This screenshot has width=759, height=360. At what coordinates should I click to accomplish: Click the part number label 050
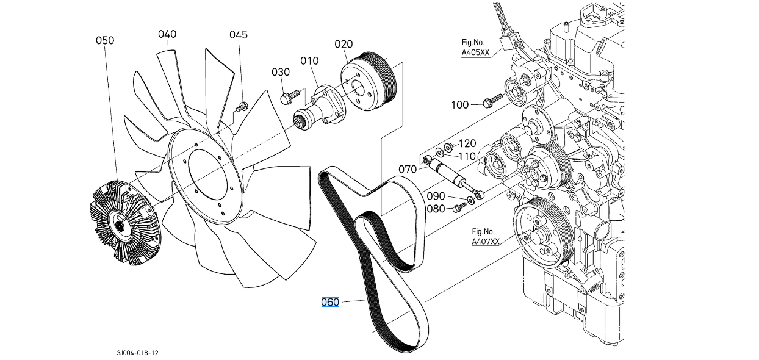[104, 40]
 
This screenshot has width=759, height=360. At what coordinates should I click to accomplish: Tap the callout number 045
[239, 34]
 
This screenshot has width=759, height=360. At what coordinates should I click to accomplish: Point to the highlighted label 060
[330, 302]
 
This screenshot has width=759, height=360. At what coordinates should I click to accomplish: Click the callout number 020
[344, 44]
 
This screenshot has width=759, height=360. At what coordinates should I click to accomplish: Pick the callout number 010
[309, 60]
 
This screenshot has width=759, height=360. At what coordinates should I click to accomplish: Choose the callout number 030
[281, 72]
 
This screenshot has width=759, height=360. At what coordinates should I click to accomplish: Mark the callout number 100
[460, 105]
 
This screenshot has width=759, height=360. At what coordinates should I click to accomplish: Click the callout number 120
[467, 143]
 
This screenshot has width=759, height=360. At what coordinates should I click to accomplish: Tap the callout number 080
[436, 209]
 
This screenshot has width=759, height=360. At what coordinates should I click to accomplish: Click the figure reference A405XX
[475, 53]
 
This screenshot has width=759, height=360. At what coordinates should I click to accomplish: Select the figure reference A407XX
[485, 242]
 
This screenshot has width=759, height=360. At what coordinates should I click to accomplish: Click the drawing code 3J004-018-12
[140, 353]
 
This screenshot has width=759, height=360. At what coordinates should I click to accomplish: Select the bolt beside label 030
[289, 96]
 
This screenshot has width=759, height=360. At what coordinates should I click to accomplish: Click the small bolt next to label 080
[458, 209]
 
